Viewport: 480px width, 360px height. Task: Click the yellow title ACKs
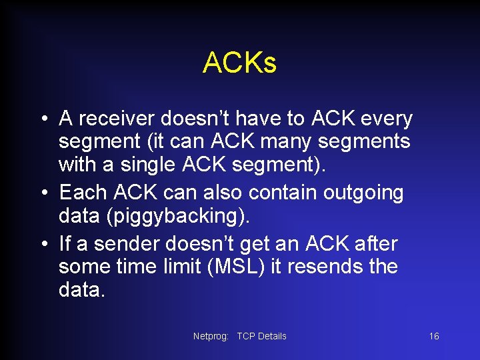[x=239, y=63]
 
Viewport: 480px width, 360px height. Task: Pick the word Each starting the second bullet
[x=83, y=193]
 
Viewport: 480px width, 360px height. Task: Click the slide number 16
[x=433, y=336]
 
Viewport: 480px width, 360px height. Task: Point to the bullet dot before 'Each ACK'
[x=43, y=194]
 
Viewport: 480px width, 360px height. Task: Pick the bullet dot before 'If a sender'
[x=43, y=243]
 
